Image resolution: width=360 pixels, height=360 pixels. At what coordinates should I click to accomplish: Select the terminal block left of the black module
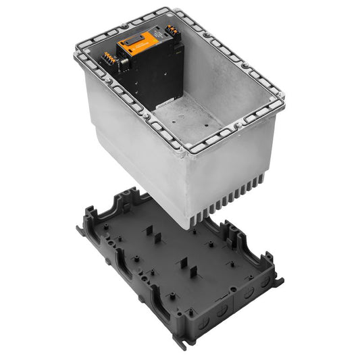tap(110, 63)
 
